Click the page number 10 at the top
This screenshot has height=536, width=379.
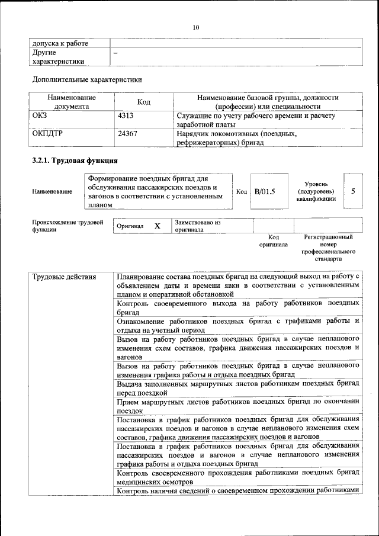(196, 27)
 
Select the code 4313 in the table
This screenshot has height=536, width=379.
(126, 117)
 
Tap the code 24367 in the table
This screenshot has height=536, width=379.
(128, 134)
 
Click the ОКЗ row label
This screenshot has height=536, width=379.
(40, 117)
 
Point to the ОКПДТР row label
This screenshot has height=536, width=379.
(47, 134)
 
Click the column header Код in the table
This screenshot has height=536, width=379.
(143, 102)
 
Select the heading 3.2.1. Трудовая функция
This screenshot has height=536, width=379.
(75, 160)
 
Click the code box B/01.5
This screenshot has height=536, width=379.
(265, 191)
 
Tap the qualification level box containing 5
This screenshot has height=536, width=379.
(353, 191)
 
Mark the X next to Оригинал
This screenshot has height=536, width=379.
(158, 226)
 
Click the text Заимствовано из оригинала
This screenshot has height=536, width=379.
(197, 226)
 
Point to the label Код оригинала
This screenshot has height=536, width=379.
(273, 240)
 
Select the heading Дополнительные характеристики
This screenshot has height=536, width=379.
(86, 79)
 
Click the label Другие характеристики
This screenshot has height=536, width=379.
(57, 57)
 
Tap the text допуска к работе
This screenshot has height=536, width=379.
(60, 43)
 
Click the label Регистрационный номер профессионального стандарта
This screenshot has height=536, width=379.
(328, 248)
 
